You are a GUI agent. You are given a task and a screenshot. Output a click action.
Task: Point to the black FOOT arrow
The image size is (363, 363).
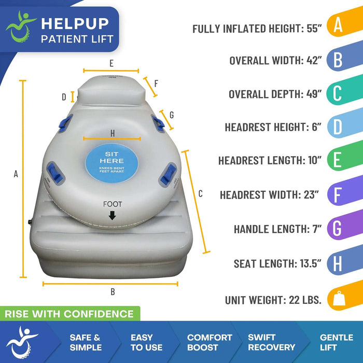112,216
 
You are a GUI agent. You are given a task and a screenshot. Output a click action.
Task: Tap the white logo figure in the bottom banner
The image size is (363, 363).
22,342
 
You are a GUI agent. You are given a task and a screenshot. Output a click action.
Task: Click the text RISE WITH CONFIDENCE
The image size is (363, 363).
69,314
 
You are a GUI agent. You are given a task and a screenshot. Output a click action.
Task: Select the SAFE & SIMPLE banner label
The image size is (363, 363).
85,342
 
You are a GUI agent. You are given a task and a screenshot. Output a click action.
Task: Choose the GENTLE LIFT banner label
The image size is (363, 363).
336,342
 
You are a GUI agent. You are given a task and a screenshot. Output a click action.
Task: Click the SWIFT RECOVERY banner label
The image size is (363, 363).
271,342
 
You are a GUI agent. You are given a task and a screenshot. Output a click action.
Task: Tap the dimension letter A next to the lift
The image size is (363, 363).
16,175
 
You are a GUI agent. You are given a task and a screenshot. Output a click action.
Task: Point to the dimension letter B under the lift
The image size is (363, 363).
113,292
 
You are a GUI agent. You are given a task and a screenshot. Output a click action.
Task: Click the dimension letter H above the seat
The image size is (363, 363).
113,133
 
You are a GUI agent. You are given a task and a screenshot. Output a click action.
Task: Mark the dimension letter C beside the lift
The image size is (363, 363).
201,194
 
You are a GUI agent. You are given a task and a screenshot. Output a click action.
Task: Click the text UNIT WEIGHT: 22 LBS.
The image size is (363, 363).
273,300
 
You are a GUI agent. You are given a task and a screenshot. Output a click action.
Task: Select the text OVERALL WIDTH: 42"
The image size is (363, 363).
275,60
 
